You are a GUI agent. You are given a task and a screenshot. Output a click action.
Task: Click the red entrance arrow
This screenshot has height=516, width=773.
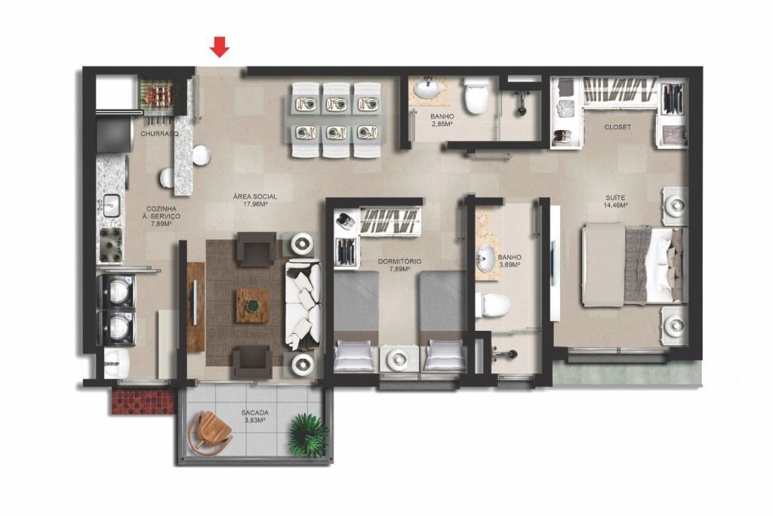coord(220,48)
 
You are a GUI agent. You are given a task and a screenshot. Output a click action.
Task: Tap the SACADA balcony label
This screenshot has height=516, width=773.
coord(255,416)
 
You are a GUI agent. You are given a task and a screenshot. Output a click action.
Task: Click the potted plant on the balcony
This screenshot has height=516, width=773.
coord(308,434)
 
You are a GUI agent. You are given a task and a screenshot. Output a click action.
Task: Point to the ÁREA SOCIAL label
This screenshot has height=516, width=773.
coord(255,199)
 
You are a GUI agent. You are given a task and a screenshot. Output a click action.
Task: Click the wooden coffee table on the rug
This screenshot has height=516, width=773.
coord(252,306)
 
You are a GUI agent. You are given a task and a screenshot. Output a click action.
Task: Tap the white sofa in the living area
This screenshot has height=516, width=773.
coord(303,304)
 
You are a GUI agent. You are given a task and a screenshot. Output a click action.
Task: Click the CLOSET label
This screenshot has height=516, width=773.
coord(617,127)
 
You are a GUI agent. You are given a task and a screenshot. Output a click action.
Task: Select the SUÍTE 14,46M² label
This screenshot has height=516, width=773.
coord(616,201)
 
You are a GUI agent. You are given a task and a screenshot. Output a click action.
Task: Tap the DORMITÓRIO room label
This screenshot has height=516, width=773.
coord(400,265)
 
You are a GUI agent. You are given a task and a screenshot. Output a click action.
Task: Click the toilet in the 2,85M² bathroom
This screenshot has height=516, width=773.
coord(476,95)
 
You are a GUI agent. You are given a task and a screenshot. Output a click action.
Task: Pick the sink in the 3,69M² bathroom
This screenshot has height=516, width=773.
coord(486,258)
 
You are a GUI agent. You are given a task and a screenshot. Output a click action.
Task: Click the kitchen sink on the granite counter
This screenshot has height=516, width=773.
coord(111,205)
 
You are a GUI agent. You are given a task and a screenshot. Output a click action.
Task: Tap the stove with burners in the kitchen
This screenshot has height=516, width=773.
coord(112,245)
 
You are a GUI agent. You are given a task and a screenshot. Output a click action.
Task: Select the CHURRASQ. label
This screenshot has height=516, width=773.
coord(159,134)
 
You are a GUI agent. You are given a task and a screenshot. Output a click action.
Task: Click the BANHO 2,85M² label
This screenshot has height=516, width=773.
coord(442,120)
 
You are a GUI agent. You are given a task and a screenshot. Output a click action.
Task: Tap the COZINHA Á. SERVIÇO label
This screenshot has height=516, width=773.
coord(162,216)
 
